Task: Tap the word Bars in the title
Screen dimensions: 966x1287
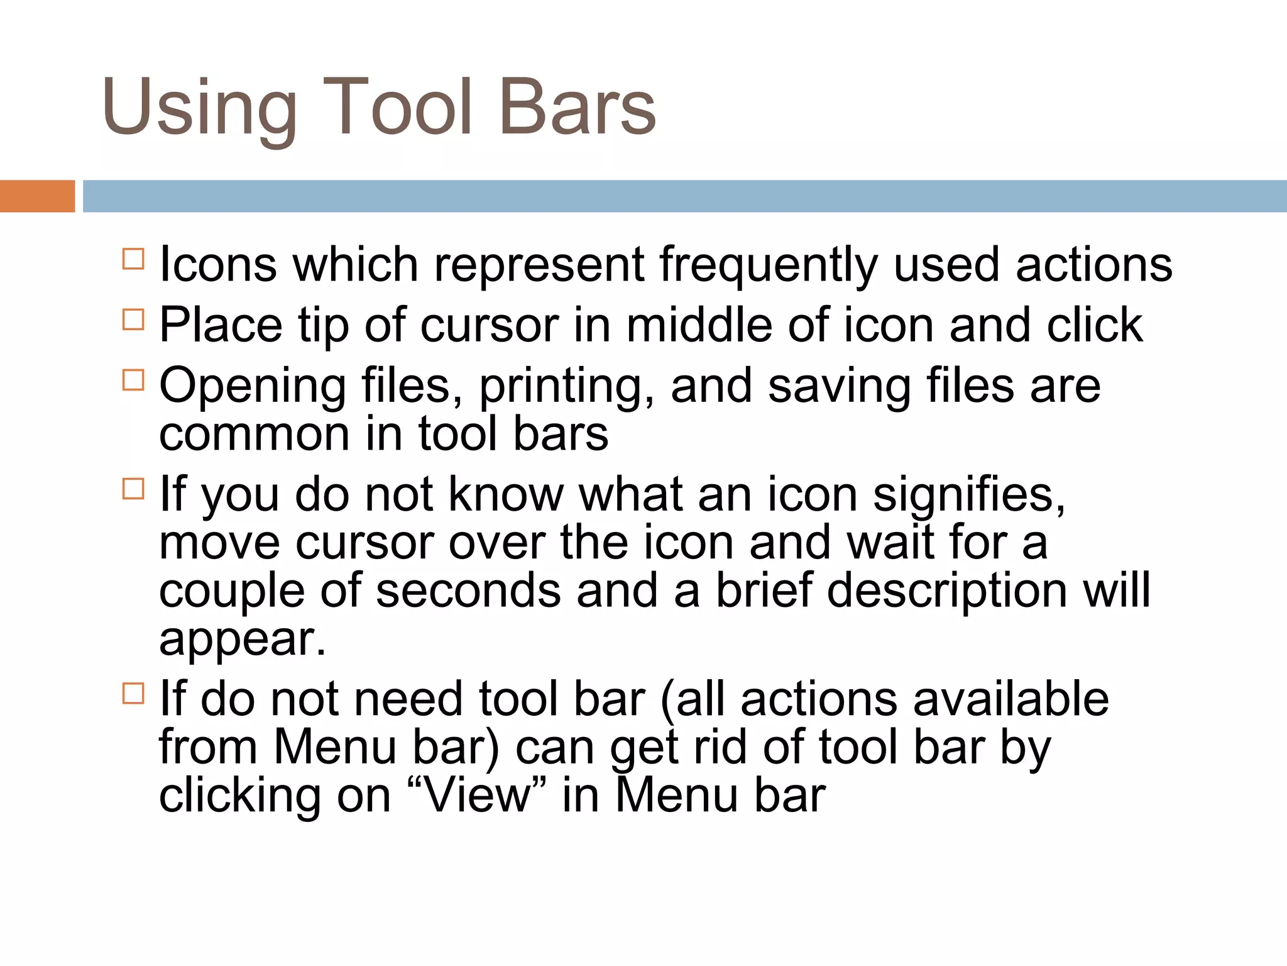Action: tap(578, 107)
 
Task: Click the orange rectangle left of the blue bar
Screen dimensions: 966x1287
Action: tap(37, 196)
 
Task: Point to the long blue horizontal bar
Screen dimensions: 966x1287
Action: tap(684, 196)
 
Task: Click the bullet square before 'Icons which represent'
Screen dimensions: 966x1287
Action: tap(133, 259)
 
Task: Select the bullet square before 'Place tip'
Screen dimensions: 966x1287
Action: tap(133, 319)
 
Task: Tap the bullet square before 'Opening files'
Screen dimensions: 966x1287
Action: tap(133, 380)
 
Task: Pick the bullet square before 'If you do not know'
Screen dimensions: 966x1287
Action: tap(133, 489)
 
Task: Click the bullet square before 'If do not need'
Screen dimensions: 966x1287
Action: tap(133, 694)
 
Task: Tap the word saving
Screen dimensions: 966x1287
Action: tap(839, 387)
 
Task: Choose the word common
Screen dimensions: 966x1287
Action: tap(254, 434)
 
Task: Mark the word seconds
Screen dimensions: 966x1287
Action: tap(468, 591)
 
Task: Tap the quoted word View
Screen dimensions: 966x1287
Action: tap(478, 796)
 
